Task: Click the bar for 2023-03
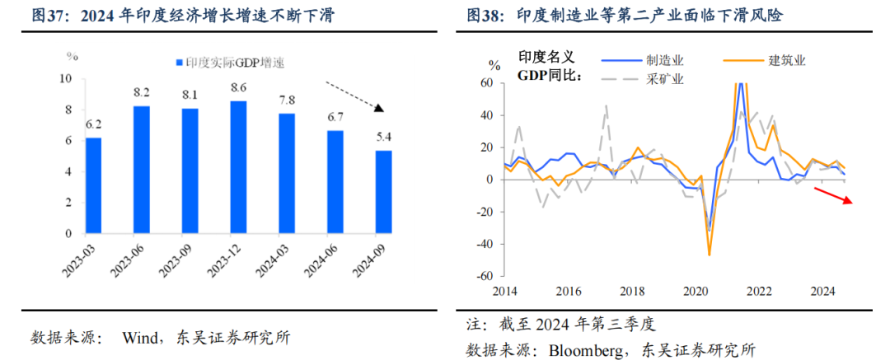94,185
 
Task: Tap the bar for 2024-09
383,192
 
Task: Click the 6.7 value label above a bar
335,118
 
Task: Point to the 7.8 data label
287,101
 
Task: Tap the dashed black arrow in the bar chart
355,96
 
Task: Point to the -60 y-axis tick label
486,276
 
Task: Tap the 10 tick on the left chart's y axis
66,79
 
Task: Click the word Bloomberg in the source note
589,348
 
